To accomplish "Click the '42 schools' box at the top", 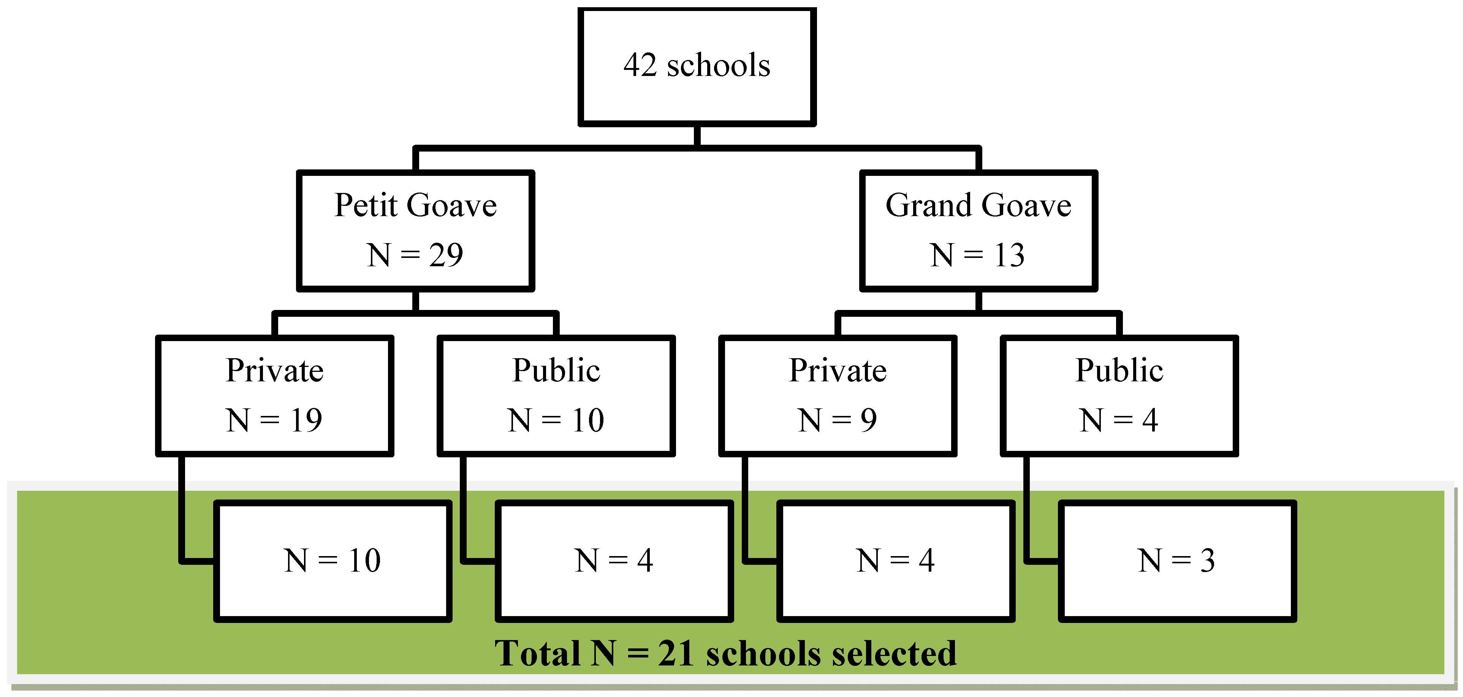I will (697, 66).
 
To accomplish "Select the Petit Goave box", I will (415, 231).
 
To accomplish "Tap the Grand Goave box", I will (978, 231).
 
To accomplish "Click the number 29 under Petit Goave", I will (446, 255).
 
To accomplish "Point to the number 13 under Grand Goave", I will (1009, 255).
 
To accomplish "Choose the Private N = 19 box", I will (274, 396).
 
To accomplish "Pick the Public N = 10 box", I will (556, 396).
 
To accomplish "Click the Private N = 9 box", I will (837, 396).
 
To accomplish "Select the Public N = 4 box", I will (1119, 396).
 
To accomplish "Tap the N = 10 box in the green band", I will (332, 561).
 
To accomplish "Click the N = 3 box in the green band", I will (1177, 561).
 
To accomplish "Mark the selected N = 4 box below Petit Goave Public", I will (614, 561).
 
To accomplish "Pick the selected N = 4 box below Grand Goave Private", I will (895, 561).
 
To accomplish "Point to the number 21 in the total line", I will (676, 653).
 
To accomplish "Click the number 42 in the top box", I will (640, 65).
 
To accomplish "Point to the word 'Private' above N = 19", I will (274, 371).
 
